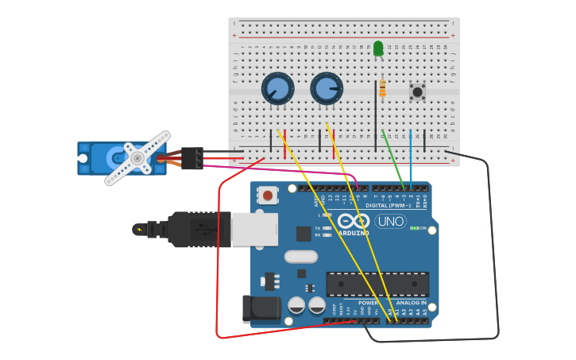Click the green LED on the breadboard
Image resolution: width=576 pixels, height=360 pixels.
tap(378, 48)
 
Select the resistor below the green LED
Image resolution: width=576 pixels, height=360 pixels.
tap(382, 88)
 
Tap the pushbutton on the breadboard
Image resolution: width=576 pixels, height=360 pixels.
tap(417, 91)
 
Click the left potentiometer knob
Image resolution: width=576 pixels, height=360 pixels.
tap(277, 88)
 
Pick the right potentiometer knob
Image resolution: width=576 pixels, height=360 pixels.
tap(326, 88)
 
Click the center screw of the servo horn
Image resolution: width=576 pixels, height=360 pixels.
tap(137, 158)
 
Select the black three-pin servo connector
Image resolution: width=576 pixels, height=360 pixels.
tap(191, 158)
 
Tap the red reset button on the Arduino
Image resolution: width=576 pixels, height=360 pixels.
tap(269, 195)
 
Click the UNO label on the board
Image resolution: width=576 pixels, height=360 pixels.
tap(390, 221)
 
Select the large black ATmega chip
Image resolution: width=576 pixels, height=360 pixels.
tap(377, 284)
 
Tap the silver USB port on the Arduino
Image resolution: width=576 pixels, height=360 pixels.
tap(254, 229)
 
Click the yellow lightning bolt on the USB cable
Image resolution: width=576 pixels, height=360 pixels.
tap(140, 230)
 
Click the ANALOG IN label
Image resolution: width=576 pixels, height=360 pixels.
tap(412, 303)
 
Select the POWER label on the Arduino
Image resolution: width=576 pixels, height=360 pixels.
tap(368, 303)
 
